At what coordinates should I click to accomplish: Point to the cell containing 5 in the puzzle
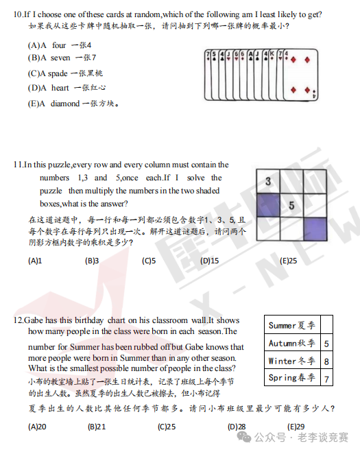pos(291,204)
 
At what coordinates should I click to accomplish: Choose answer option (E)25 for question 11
pos(288,261)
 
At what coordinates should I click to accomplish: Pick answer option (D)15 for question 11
pos(209,261)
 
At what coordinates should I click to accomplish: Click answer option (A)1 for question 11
pos(35,261)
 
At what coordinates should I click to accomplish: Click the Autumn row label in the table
pos(291,343)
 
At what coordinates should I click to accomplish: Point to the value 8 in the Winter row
pos(326,361)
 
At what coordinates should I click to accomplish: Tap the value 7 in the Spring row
pos(326,379)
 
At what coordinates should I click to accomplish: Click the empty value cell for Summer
pos(326,325)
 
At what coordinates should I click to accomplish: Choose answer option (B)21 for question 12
pos(97,426)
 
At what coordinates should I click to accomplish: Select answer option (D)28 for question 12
pos(237,426)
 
